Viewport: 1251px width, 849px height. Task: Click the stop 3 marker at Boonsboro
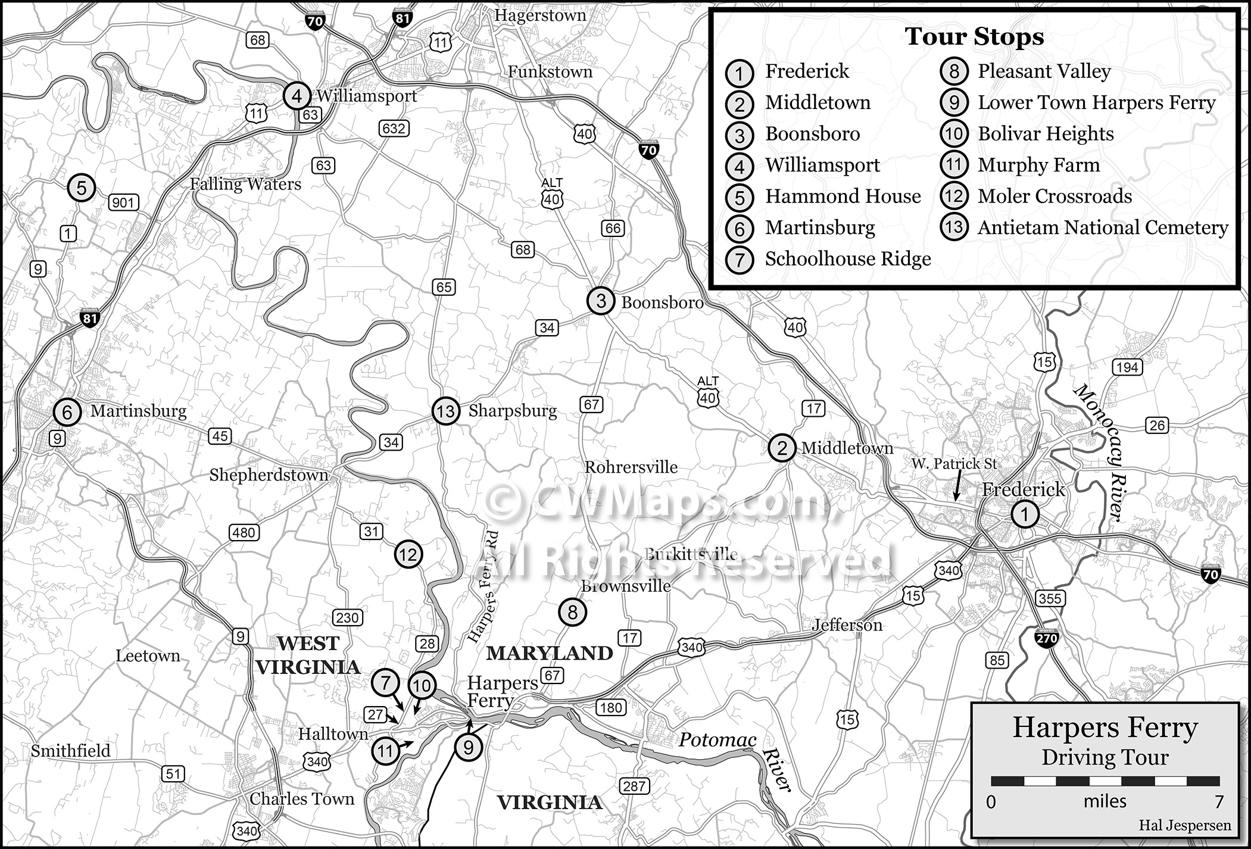pos(601,301)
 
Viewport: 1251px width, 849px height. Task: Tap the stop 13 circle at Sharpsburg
pos(445,411)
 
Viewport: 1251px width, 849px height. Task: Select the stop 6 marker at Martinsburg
pos(67,412)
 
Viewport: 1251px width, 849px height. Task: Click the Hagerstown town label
pos(540,15)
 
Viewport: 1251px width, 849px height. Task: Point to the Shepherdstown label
pos(269,475)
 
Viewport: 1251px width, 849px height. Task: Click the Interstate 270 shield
pos(1047,638)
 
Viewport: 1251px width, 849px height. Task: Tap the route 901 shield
pos(123,202)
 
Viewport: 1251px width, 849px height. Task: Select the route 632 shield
pos(394,128)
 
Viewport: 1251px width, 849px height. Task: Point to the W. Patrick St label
pos(954,463)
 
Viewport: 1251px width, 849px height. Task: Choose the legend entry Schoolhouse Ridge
pos(847,259)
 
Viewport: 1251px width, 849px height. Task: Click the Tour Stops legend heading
pos(974,37)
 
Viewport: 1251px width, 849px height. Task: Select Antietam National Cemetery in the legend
pos(1102,227)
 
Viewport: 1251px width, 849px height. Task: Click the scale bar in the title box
pos(1105,781)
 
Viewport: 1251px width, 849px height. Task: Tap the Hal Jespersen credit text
pos(1184,825)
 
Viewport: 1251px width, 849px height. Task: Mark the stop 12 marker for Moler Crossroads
pos(408,555)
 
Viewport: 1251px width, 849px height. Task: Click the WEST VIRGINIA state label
pos(308,655)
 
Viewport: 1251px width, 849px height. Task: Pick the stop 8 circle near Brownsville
pos(572,612)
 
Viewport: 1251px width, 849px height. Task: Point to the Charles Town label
pos(302,799)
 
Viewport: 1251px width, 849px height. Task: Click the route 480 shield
pos(244,533)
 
